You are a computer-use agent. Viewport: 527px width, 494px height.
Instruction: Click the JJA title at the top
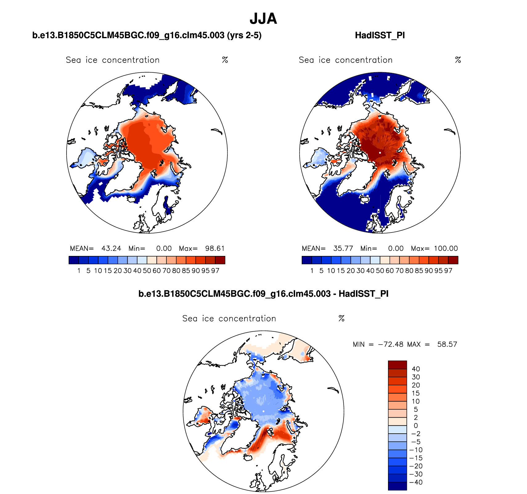(x=263, y=19)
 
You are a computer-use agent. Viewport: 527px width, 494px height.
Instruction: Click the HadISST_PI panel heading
(x=380, y=35)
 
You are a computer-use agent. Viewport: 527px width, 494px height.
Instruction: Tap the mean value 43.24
(x=111, y=249)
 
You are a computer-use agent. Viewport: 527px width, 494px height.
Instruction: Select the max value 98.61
(x=215, y=249)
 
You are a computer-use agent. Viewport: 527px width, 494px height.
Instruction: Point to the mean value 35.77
(x=343, y=249)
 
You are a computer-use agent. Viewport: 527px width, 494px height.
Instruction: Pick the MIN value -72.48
(x=390, y=344)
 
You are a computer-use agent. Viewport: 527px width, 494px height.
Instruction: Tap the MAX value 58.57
(x=447, y=344)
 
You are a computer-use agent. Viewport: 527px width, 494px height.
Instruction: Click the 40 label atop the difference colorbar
(x=416, y=369)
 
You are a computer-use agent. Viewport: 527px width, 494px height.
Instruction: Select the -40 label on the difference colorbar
(x=416, y=482)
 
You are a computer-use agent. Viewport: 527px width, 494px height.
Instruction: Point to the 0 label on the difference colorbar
(x=416, y=426)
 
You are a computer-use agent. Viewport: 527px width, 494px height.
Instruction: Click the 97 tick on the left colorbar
(x=215, y=271)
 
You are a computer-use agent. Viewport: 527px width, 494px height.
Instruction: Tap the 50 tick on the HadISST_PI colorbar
(x=380, y=271)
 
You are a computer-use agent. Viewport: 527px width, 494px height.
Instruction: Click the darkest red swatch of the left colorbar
(x=220, y=260)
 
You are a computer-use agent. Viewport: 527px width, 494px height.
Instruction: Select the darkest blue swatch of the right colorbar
(x=307, y=260)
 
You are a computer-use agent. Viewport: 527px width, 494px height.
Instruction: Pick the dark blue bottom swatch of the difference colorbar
(x=397, y=486)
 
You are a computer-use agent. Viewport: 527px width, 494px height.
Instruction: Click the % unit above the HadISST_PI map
(x=458, y=60)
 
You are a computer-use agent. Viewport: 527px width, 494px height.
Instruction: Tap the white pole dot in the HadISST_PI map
(x=380, y=153)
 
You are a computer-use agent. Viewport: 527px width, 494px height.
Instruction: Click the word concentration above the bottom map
(x=247, y=318)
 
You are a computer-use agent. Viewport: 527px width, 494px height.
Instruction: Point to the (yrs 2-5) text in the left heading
(x=244, y=35)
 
